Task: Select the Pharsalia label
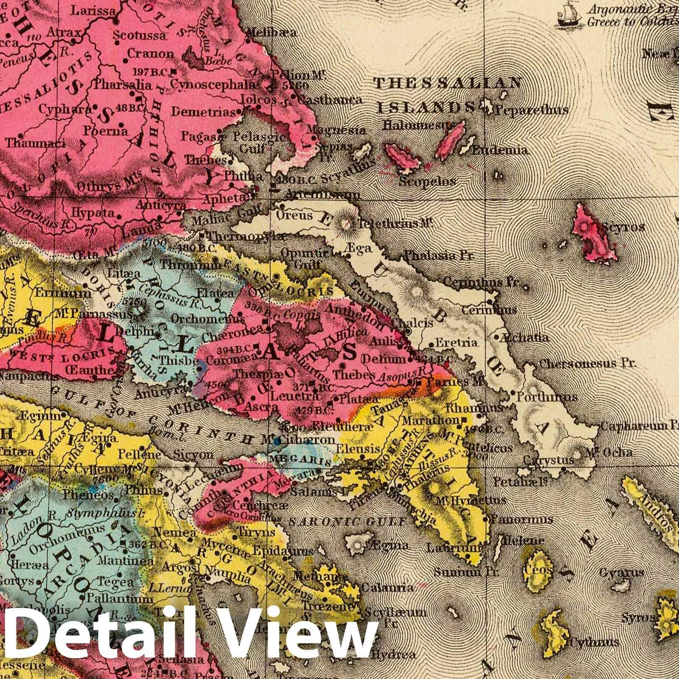click(x=123, y=84)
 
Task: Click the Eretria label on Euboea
click(x=450, y=342)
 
